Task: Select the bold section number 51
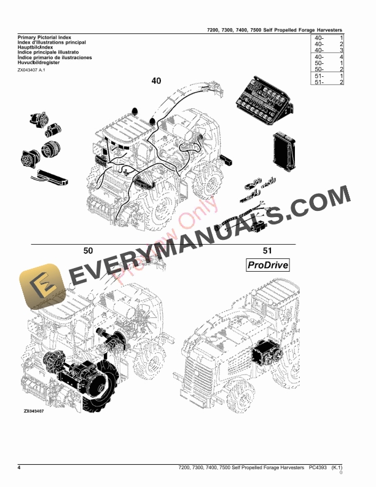[267, 250]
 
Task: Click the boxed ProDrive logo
[267, 265]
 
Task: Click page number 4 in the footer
[20, 469]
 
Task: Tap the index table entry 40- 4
[328, 57]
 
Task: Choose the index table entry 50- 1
[328, 63]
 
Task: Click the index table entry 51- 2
[328, 82]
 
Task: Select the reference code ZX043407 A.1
[31, 70]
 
